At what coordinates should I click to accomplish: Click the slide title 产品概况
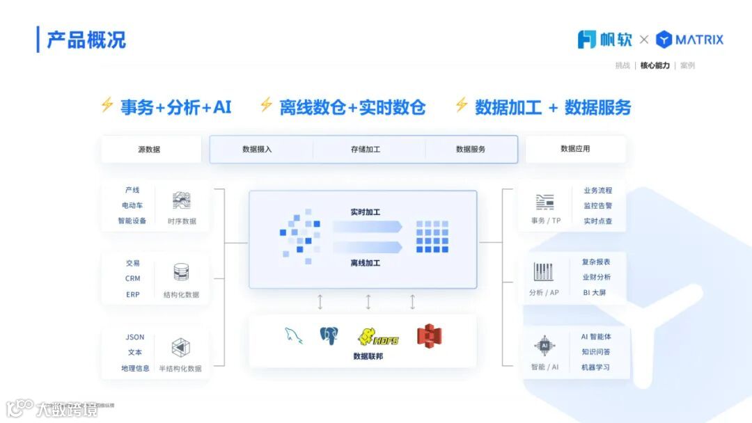click(86, 40)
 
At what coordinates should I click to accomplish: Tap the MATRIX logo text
click(698, 40)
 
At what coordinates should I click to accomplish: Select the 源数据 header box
click(149, 150)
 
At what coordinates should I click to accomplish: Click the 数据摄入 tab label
click(257, 150)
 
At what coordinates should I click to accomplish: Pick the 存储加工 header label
click(366, 150)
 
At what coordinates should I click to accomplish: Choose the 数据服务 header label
click(471, 150)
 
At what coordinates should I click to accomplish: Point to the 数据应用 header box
click(575, 149)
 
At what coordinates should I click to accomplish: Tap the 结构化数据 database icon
click(181, 272)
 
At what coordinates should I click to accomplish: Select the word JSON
click(135, 337)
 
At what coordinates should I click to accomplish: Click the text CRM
click(133, 278)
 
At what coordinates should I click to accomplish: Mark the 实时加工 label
click(366, 211)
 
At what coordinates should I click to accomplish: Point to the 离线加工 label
click(366, 263)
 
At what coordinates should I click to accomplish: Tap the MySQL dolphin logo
click(294, 336)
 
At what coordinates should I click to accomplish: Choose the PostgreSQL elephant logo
click(329, 336)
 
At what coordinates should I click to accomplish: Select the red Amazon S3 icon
click(430, 336)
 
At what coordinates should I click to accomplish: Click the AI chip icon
click(545, 345)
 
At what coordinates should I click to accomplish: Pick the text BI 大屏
click(595, 293)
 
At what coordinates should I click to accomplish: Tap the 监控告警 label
click(597, 206)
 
